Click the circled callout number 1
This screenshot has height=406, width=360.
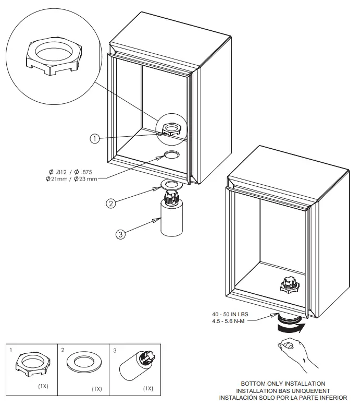(94, 139)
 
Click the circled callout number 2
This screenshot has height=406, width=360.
(110, 204)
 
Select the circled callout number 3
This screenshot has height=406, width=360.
(120, 234)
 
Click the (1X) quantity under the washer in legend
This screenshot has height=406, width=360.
(96, 389)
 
